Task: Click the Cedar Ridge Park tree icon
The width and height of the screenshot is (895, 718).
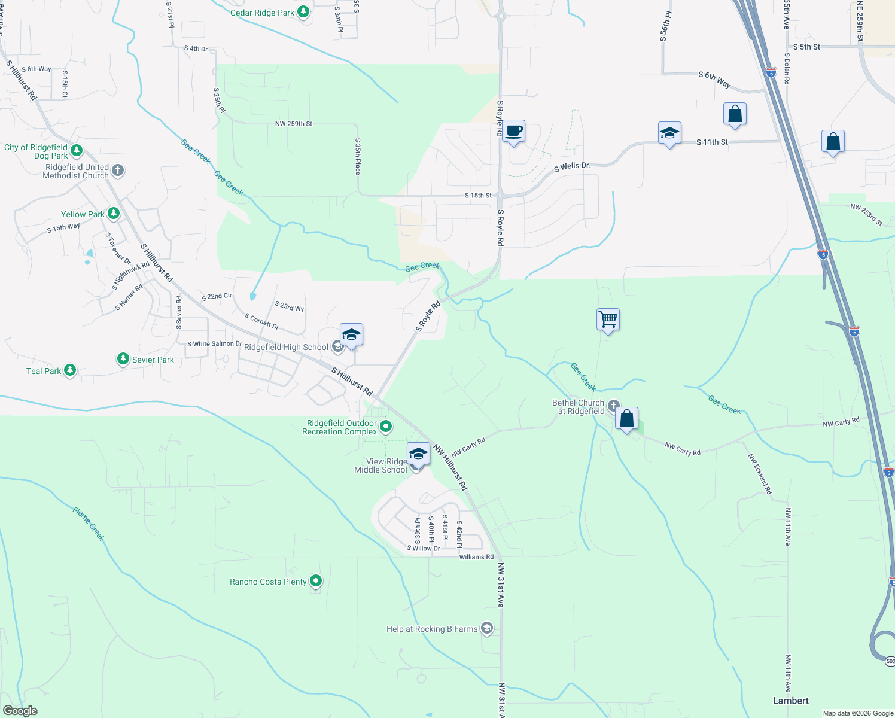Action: click(303, 12)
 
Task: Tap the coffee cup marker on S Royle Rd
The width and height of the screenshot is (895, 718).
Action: click(513, 131)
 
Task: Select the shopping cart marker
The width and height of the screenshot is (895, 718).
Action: click(608, 320)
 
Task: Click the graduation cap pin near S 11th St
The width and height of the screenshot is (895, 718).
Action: click(669, 134)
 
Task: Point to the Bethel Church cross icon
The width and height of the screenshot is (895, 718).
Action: click(613, 406)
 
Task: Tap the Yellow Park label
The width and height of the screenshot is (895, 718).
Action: click(83, 214)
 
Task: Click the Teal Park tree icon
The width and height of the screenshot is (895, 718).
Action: click(70, 371)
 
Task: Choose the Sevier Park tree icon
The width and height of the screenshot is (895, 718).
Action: click(123, 359)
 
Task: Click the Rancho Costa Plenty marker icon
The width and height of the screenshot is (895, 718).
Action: click(316, 581)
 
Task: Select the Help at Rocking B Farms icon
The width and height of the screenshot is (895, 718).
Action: click(487, 628)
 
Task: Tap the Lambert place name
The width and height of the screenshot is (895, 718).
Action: click(790, 701)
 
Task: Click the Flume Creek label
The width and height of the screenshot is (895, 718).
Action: click(89, 524)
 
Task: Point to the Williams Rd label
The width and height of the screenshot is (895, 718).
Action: click(476, 557)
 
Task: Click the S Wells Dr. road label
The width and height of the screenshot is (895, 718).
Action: click(572, 166)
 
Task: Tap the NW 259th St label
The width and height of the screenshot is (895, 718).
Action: click(293, 124)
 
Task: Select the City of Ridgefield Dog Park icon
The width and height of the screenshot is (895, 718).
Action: click(76, 150)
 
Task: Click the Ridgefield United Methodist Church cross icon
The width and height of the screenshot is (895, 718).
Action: click(118, 171)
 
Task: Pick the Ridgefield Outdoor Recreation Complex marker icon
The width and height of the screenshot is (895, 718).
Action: click(386, 427)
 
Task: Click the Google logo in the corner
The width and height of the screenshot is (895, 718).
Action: click(20, 711)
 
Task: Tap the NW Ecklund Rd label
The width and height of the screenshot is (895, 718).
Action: click(760, 474)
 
